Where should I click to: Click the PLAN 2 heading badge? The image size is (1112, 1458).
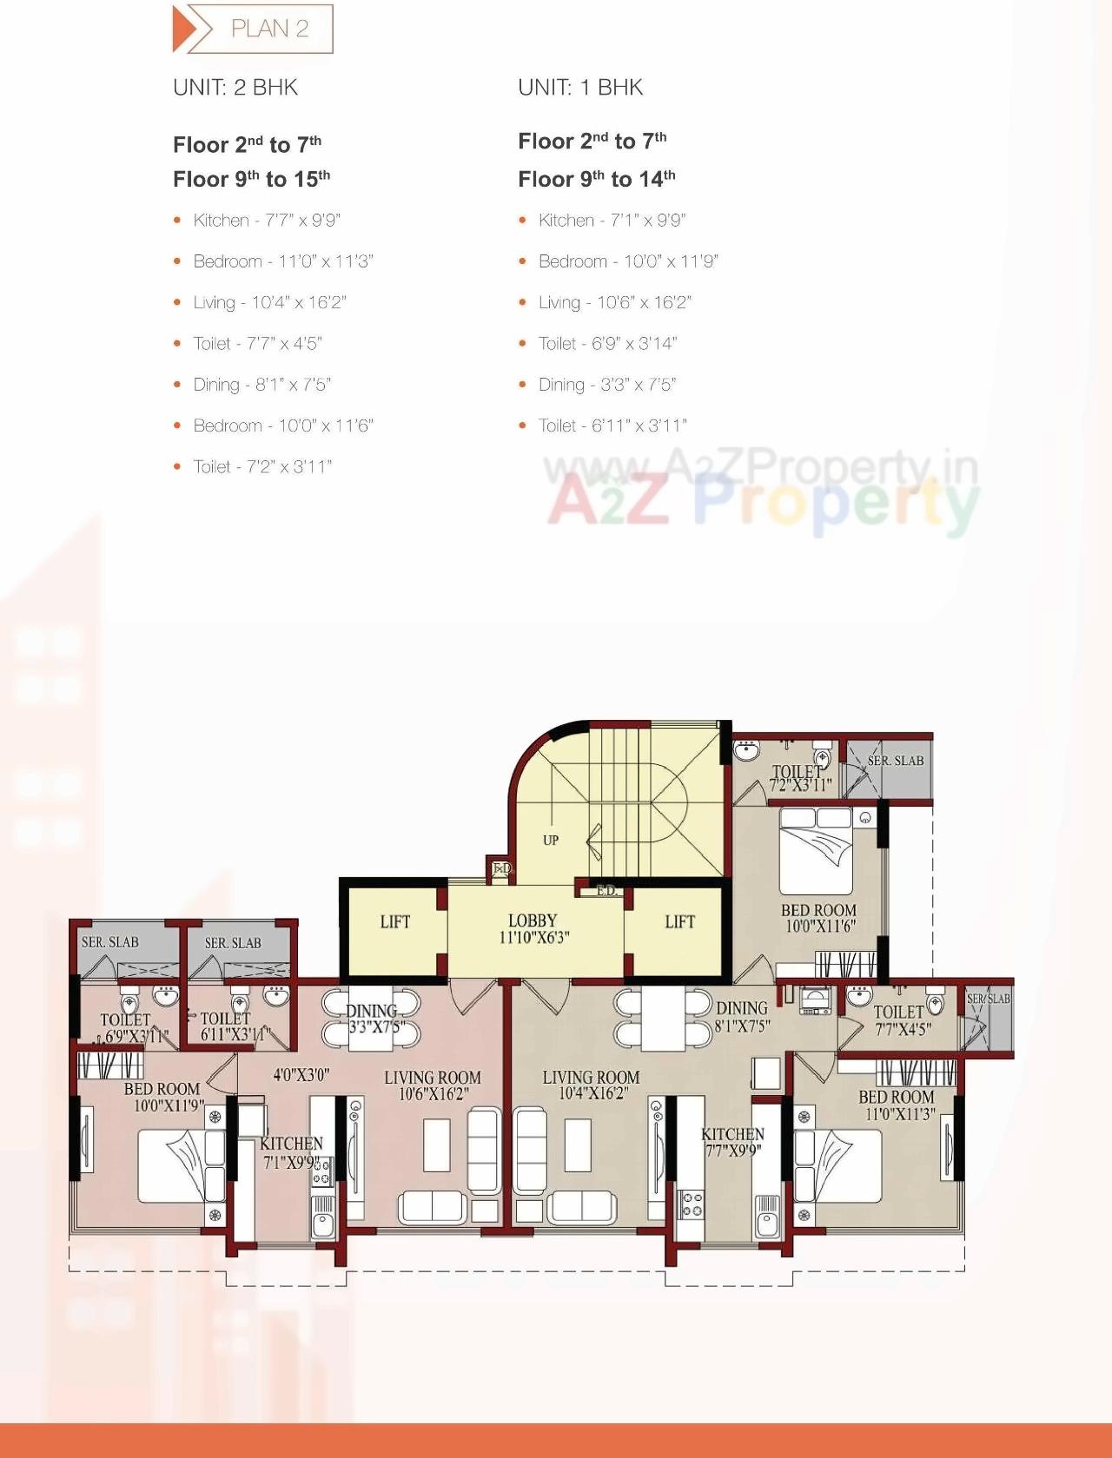click(253, 29)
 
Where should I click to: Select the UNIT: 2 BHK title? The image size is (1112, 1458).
click(235, 88)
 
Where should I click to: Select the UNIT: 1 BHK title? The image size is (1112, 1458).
click(580, 88)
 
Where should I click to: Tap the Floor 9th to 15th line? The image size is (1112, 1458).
click(251, 179)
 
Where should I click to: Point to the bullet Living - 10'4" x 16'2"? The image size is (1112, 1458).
click(269, 302)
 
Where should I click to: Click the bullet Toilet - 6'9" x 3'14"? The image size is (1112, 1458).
click(607, 343)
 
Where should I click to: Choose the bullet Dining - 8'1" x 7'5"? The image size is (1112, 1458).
click(261, 385)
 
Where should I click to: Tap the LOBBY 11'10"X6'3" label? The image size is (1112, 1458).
click(533, 928)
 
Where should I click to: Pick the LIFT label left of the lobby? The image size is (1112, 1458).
click(394, 922)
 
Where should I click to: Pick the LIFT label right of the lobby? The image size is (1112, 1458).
click(679, 922)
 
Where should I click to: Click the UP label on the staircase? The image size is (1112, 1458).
click(551, 841)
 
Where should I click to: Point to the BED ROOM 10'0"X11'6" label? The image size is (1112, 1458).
click(818, 918)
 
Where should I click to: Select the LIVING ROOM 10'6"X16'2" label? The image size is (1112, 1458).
click(433, 1085)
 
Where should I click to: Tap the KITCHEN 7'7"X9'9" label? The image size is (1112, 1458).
click(733, 1142)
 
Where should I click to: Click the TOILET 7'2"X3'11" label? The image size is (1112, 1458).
click(799, 778)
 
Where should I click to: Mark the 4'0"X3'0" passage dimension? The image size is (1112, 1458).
click(301, 1075)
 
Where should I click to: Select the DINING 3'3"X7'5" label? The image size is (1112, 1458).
click(374, 1019)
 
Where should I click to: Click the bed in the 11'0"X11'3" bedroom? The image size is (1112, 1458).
click(838, 1164)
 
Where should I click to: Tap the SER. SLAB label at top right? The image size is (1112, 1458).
click(896, 761)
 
